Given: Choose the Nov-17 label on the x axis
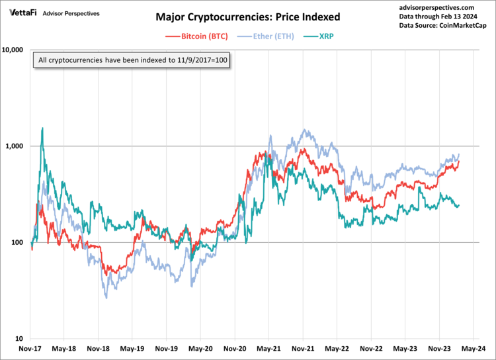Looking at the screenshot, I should pos(30,348).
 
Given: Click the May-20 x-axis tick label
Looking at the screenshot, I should pos(200,348).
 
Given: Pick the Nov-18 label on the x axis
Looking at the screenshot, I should pos(99,348).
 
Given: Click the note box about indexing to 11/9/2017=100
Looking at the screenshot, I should pos(133,60).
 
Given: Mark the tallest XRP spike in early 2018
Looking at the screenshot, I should pos(42,128).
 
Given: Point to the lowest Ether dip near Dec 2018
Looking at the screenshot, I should pos(106,298).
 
